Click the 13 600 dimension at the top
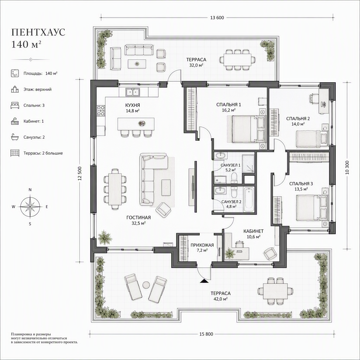217,18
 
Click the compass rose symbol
30,206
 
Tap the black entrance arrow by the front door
204,281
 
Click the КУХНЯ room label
133,105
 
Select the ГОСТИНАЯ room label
139,217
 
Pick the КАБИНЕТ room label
253,231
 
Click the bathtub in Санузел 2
249,199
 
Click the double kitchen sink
133,92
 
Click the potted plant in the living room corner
104,237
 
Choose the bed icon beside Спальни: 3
15,105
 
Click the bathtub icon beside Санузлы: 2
15,137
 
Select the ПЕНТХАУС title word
38,32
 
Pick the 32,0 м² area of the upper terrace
196,65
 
